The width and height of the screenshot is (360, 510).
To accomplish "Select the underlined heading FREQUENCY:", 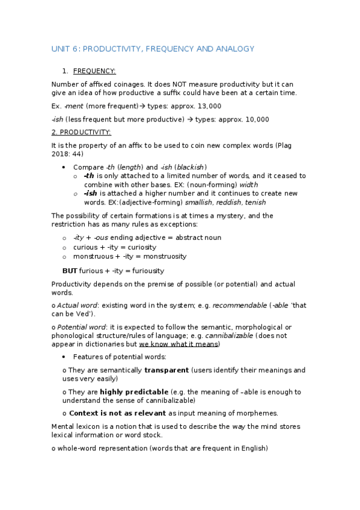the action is click(99, 71).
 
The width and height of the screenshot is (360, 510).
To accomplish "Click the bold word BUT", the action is click(70, 271).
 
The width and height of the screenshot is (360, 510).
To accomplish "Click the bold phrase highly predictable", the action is click(134, 392).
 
